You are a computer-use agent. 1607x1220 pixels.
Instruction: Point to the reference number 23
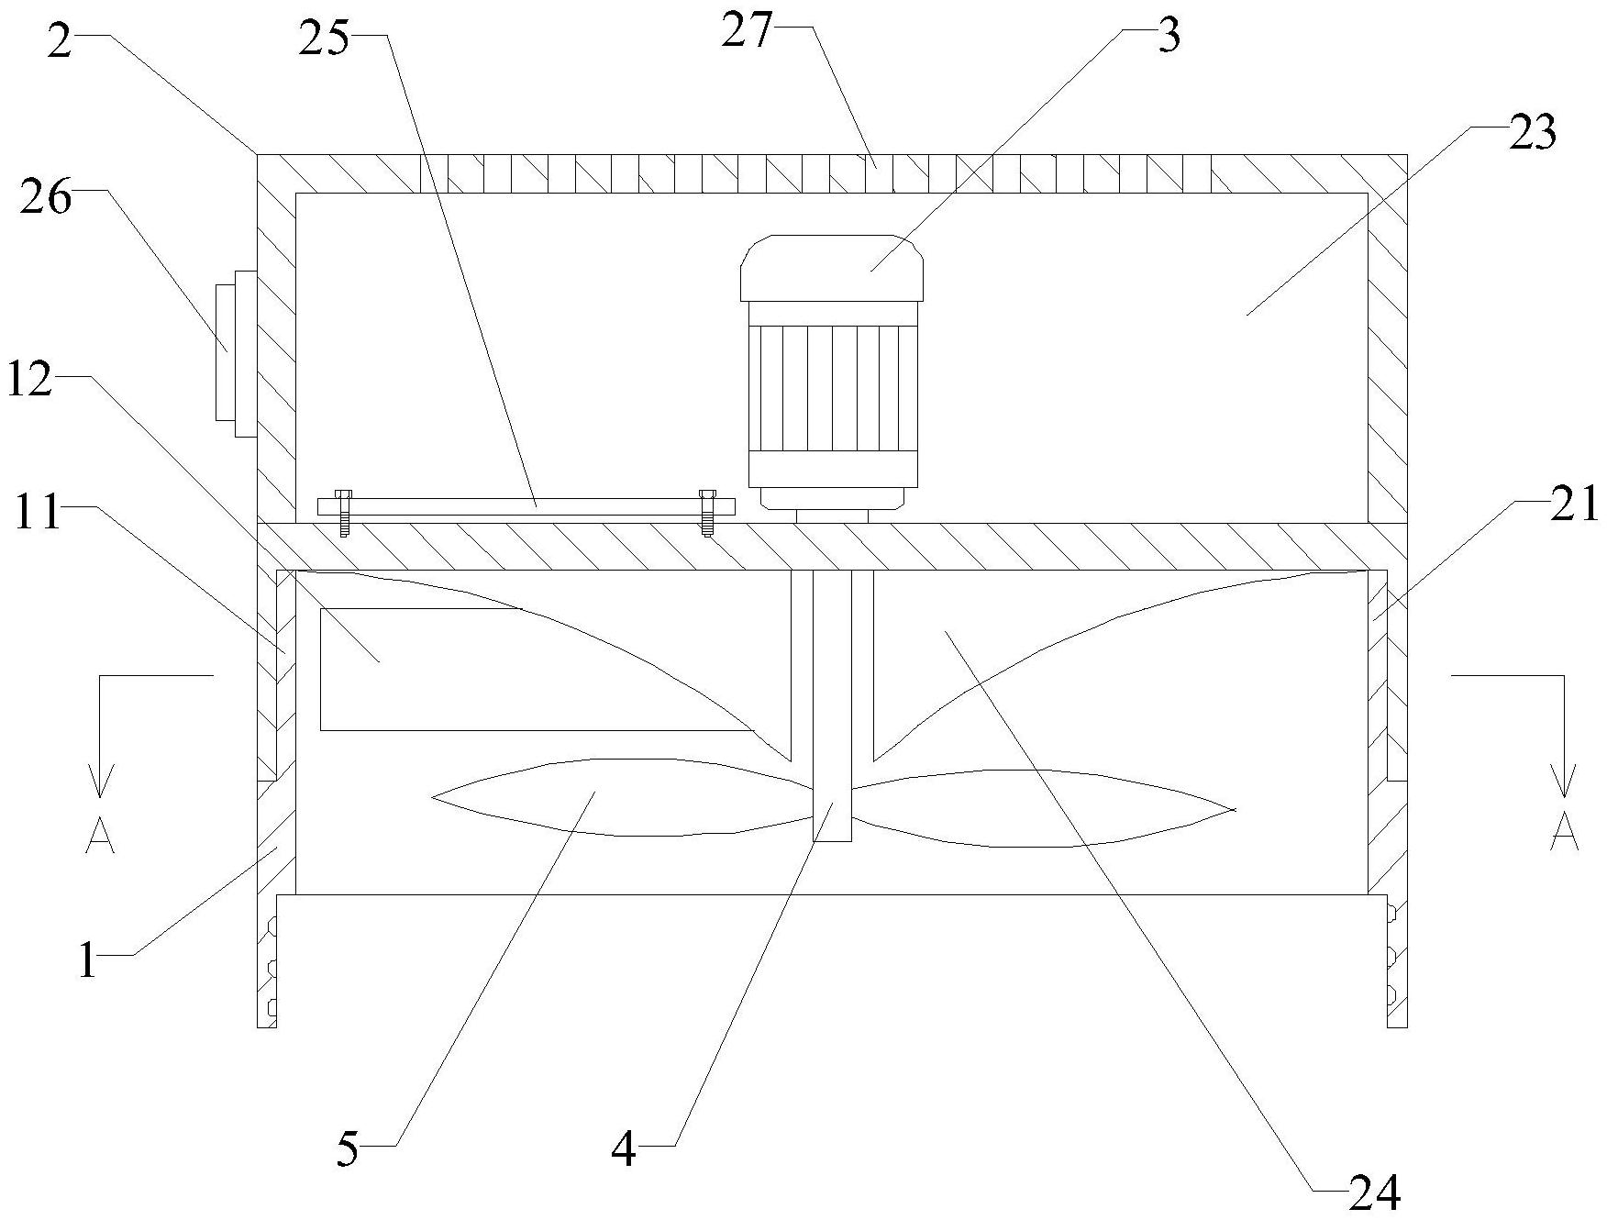tap(1531, 134)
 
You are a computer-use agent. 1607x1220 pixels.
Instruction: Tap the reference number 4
tap(624, 1150)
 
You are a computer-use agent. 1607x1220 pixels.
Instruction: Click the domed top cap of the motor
tap(831, 266)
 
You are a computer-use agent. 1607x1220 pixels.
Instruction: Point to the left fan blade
tap(615, 796)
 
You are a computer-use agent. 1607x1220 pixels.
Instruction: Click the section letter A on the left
tap(100, 836)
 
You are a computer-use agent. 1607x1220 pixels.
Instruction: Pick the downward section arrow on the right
tap(1563, 780)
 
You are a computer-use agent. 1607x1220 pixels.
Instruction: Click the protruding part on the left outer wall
tap(235, 353)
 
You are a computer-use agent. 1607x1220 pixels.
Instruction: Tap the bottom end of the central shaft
tap(833, 830)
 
